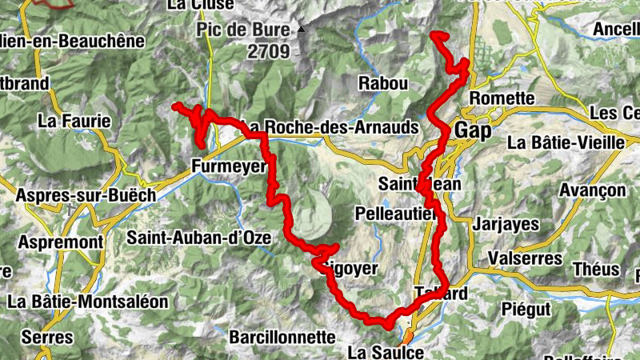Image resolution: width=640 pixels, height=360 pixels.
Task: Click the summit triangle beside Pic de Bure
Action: (301, 30)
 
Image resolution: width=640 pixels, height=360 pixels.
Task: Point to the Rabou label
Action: (383, 83)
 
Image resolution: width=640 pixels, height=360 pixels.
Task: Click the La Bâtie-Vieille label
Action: (565, 142)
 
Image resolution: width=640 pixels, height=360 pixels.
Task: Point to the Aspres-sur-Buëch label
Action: (78, 197)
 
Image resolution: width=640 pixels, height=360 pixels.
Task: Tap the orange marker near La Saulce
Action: (407, 337)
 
